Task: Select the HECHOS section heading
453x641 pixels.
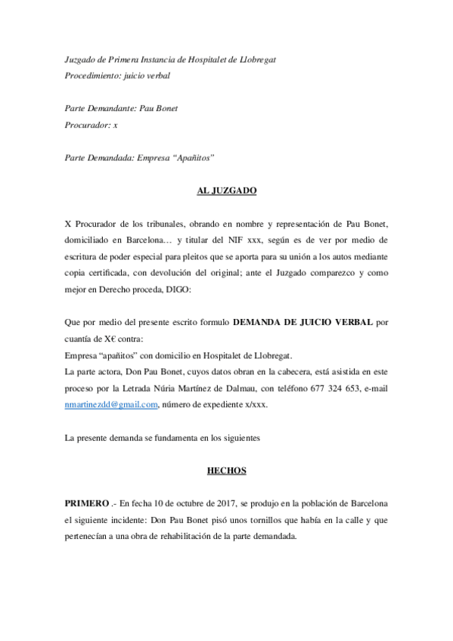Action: click(226, 471)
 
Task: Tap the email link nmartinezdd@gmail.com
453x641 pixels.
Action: click(111, 405)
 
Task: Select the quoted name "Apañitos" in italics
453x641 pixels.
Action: click(194, 157)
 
